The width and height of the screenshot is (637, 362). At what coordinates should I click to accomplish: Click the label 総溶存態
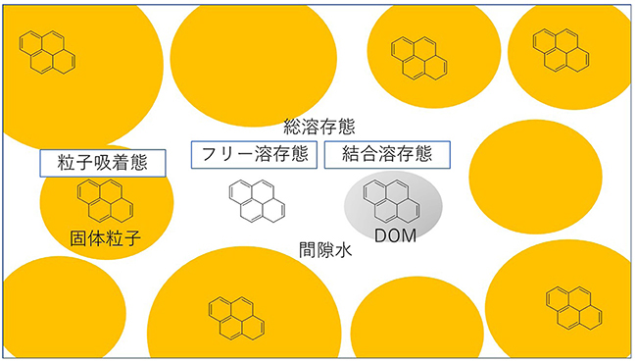[318, 128]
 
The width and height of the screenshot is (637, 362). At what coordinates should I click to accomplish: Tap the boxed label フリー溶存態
[254, 155]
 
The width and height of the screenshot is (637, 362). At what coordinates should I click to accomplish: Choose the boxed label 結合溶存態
[388, 155]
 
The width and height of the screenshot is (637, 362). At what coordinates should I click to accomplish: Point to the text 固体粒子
[106, 238]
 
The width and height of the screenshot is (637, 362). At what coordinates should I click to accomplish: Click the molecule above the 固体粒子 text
[106, 200]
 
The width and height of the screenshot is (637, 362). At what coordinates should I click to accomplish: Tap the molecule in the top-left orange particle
[47, 54]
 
